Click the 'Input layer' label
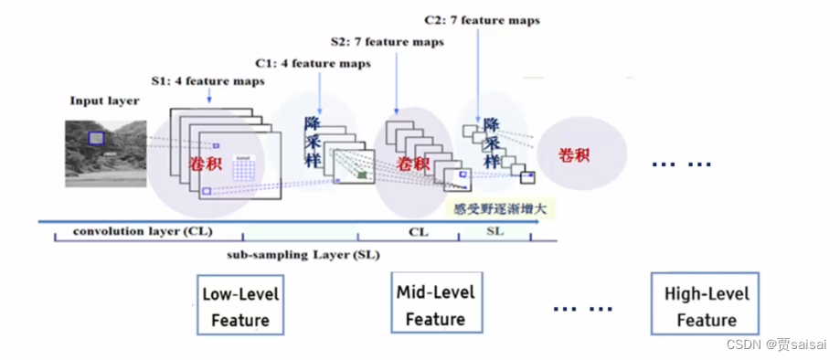tap(104, 101)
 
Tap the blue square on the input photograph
tap(96, 139)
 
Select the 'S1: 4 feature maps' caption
tap(208, 81)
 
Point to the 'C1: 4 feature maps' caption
tap(313, 64)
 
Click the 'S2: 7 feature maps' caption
tap(387, 42)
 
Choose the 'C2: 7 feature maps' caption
tap(482, 19)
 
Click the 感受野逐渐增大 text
tap(504, 209)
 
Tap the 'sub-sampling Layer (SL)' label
tap(303, 254)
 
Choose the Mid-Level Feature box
tap(435, 305)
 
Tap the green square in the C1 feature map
tap(364, 174)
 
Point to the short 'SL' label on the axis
tap(494, 232)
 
